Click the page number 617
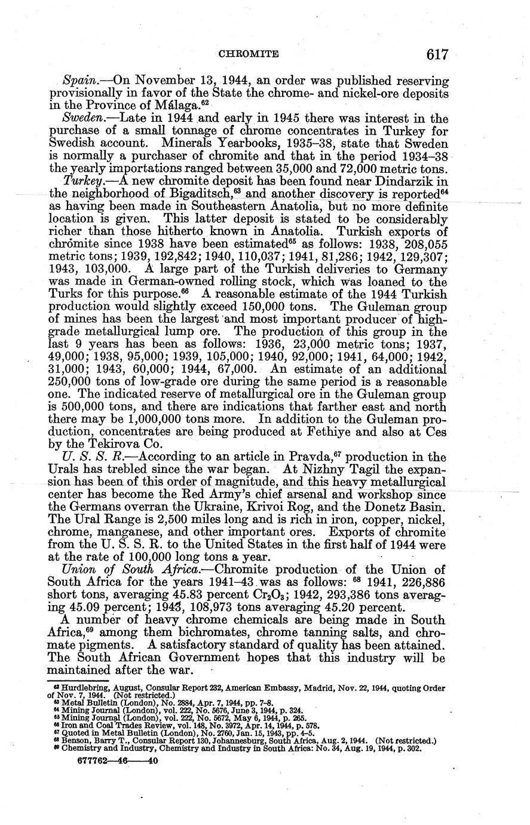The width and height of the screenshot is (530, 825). (437, 54)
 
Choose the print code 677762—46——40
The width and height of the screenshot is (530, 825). (118, 762)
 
